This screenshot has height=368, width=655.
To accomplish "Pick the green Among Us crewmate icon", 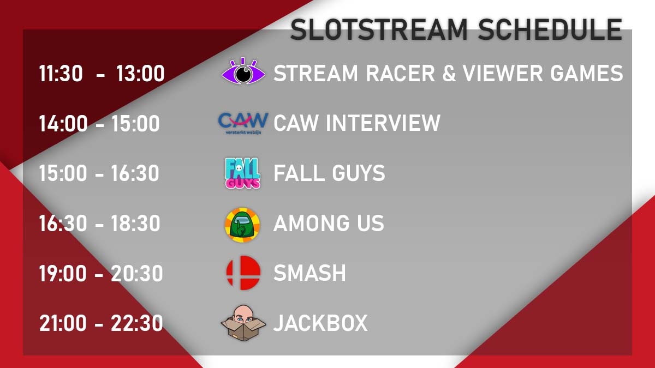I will pos(243,224).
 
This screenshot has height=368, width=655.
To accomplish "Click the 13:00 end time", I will pos(140,74).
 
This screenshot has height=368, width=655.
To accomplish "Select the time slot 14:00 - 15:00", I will pos(99,124).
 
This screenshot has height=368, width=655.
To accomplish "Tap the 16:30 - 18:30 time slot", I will pos(99,224).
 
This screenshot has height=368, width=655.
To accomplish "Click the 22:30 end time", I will pos(137,323).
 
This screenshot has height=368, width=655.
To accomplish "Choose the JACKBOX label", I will pos(320,323).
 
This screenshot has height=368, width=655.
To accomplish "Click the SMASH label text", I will pos(309,273).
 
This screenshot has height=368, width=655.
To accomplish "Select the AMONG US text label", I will pos(329,224).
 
